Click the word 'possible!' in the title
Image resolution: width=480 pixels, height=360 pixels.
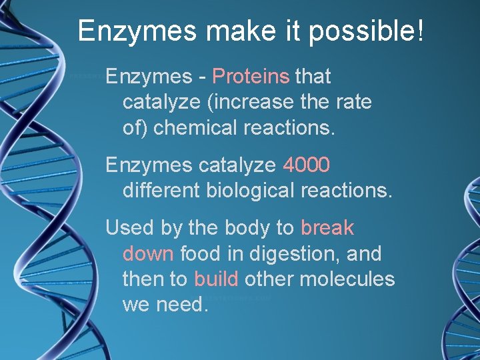click(x=366, y=31)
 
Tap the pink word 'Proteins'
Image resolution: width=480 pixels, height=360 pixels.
click(x=251, y=77)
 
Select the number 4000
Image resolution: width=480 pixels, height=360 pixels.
click(x=307, y=164)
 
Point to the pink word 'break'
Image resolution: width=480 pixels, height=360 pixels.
click(x=327, y=228)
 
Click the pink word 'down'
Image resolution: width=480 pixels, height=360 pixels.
click(x=148, y=254)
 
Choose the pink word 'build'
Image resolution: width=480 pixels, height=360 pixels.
click(x=216, y=279)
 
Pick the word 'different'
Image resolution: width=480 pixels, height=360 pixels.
click(x=161, y=190)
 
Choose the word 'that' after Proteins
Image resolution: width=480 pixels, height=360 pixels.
click(x=313, y=77)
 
